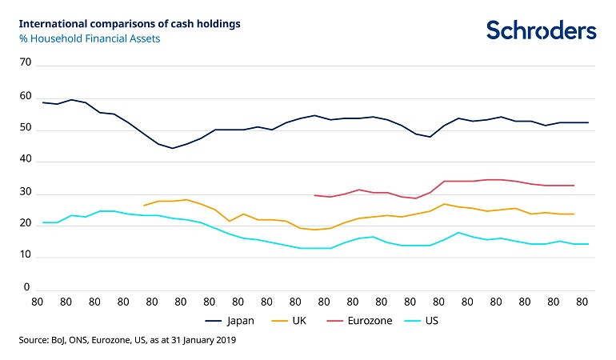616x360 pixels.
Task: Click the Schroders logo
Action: (541, 30)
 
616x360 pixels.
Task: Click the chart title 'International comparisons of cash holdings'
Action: (129, 23)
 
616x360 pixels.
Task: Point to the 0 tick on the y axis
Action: (26, 287)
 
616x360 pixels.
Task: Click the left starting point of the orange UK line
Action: (144, 206)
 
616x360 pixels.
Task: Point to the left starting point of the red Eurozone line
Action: (314, 194)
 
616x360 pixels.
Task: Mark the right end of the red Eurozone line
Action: (574, 186)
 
